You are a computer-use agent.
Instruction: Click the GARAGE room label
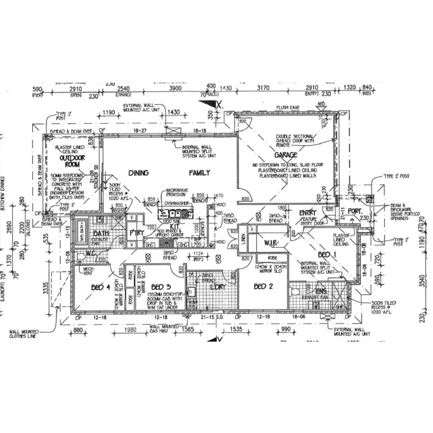(x=286, y=155)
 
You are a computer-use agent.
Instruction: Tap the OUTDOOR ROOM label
(x=72, y=161)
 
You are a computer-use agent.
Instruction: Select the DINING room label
(x=139, y=173)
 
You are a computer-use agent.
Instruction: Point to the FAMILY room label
(x=199, y=173)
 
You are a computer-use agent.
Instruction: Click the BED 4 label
(x=100, y=287)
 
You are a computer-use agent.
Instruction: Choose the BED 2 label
(x=263, y=287)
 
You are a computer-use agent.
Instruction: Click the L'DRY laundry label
(x=217, y=287)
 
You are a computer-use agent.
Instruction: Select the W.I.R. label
(x=271, y=244)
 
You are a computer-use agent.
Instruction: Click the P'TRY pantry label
(x=137, y=233)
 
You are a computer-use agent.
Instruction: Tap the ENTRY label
(x=307, y=213)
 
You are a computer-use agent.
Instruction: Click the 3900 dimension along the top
(x=175, y=88)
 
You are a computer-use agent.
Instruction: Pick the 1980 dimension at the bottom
(x=130, y=329)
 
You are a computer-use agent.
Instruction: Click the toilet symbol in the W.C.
(x=81, y=256)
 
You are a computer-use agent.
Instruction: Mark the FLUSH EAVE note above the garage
(x=288, y=108)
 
